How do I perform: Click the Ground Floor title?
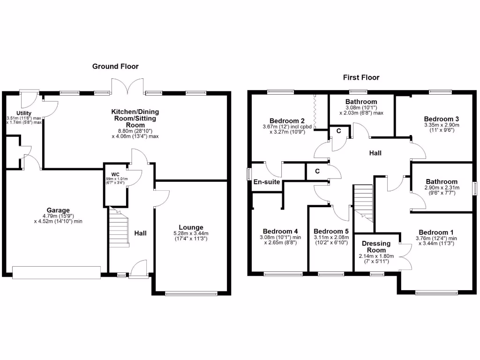point(115,67)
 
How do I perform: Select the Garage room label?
point(58,210)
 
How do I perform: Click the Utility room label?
point(24,113)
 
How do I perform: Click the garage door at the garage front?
point(56,272)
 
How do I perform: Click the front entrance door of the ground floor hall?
point(139,270)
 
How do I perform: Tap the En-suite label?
point(266,182)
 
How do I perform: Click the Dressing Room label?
point(376,247)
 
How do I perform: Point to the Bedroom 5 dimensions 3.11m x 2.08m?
point(330,240)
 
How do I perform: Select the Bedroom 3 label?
point(441,119)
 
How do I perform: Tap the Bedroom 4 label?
point(280,231)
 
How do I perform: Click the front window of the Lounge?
point(191,294)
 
